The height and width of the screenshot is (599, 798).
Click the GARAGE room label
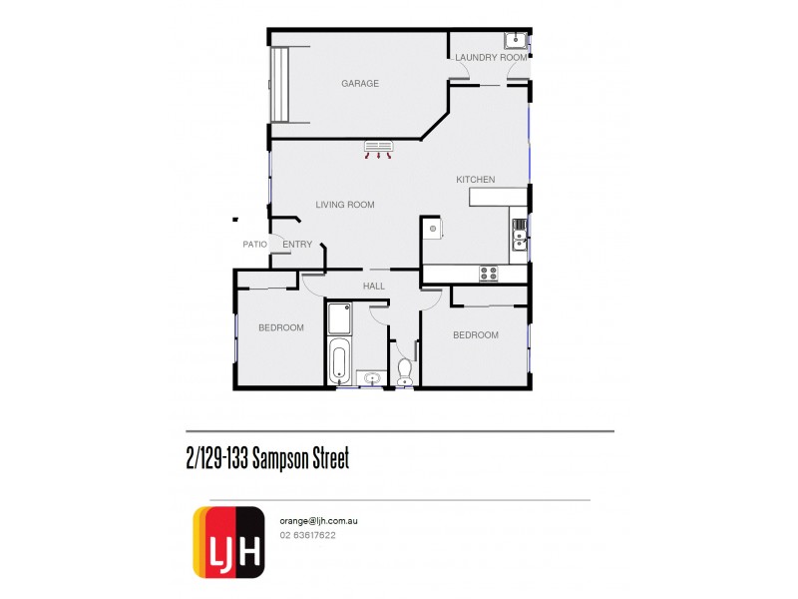point(360,84)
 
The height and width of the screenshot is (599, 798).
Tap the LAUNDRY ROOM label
point(491,58)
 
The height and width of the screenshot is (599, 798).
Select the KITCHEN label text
point(476,180)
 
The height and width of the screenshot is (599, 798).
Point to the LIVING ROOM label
point(345,205)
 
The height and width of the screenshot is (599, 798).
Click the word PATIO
point(254,245)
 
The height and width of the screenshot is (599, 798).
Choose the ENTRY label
point(297,245)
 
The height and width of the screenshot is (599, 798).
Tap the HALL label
point(374,287)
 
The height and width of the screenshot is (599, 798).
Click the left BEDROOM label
point(281,327)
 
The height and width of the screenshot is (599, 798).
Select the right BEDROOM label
point(476,335)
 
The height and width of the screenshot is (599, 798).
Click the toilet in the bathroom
point(405,370)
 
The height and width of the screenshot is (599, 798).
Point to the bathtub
point(340,360)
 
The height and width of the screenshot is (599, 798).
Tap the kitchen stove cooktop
point(489,273)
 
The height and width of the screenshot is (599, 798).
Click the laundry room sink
point(516,41)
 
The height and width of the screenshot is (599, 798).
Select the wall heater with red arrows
point(378,150)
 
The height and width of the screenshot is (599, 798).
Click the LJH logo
point(228,541)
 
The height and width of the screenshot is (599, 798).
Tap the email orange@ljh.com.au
point(320,520)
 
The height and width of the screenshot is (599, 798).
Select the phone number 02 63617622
point(307,535)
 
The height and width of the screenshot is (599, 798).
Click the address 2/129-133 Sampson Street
point(267,457)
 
